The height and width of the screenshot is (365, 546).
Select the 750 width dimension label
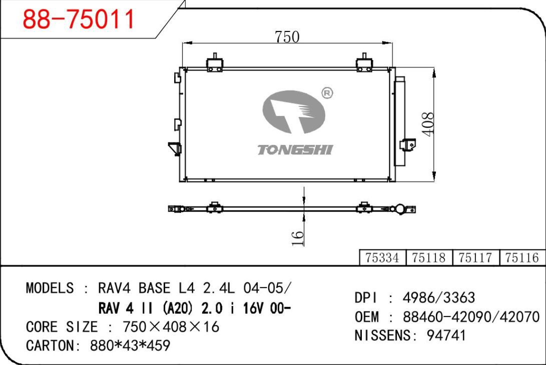coord(287,36)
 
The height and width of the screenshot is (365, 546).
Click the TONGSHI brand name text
coord(295,149)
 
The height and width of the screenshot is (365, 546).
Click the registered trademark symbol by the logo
coord(327,93)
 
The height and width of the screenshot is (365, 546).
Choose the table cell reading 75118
coord(429,257)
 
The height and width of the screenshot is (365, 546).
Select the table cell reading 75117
coord(475,257)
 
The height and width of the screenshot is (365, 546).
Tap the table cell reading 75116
coord(522,257)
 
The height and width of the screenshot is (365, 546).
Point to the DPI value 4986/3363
coord(438,298)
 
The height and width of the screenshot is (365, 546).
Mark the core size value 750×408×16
coord(171,327)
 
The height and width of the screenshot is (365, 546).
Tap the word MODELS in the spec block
coord(50,288)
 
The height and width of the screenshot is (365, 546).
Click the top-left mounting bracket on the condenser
coord(215,63)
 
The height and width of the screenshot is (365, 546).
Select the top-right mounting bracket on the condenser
coord(364,63)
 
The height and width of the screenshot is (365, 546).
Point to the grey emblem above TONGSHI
coord(293,112)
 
